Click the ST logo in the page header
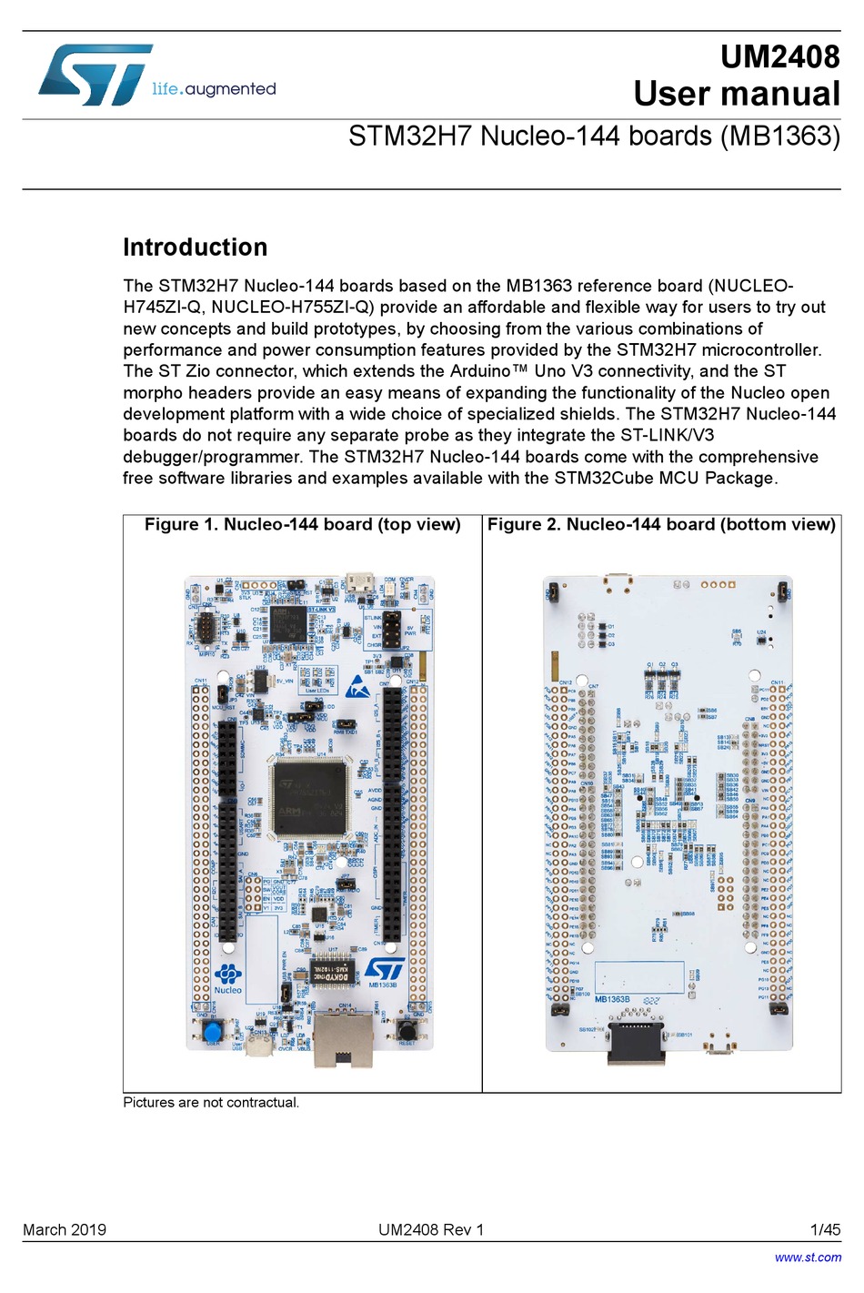coord(95,76)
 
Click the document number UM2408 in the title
coord(779,56)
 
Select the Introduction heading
coord(195,247)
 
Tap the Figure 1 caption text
coord(302,525)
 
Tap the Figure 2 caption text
coord(661,525)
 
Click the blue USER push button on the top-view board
coord(214,1032)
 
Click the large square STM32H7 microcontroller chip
coord(310,797)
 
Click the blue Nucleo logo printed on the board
coord(227,979)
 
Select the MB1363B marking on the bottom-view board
coord(612,999)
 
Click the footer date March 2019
coord(65,1230)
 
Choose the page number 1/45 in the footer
coord(825,1230)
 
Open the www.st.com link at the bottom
coord(808,1258)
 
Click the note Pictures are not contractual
coord(211,1103)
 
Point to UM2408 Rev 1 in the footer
coord(431,1230)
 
